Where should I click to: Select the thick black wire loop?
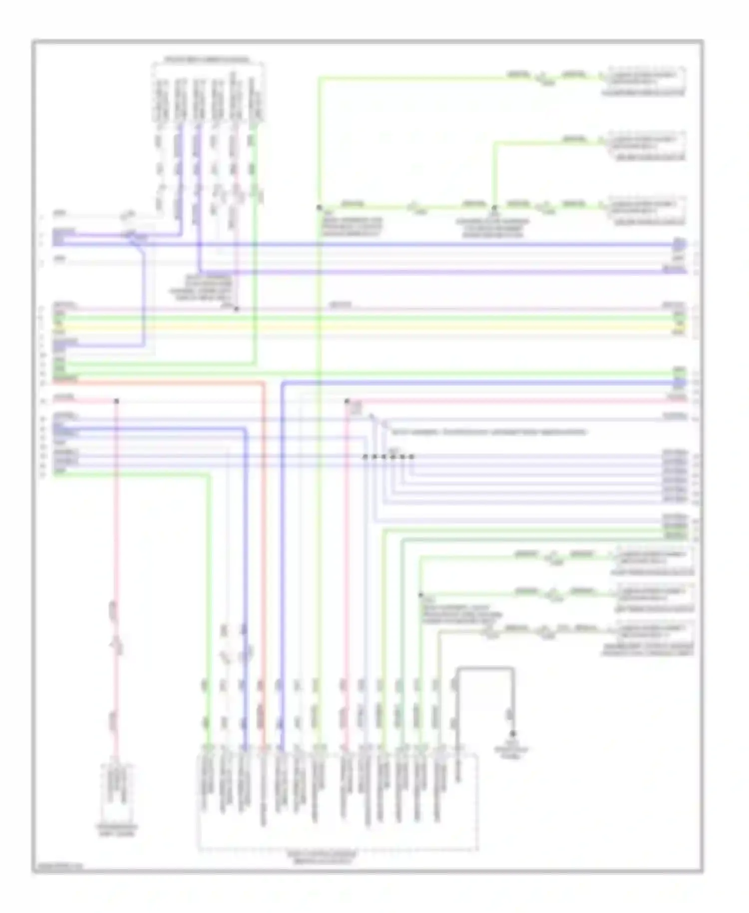[x=484, y=667]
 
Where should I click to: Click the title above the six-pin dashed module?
[x=207, y=59]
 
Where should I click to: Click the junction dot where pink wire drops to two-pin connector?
[x=117, y=401]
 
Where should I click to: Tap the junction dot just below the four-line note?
[x=237, y=309]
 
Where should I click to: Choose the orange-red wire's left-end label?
[x=65, y=380]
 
